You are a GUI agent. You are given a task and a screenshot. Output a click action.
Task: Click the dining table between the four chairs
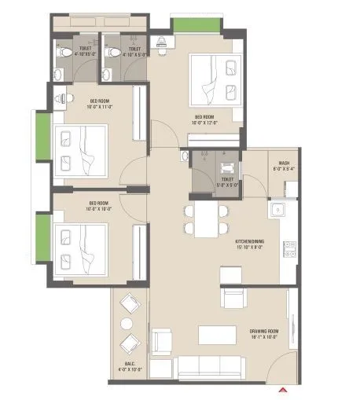tap(206, 218)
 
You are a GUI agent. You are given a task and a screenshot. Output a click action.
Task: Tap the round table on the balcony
tap(127, 322)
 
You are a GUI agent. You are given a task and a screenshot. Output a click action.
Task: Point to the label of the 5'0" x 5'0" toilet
tap(227, 182)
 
